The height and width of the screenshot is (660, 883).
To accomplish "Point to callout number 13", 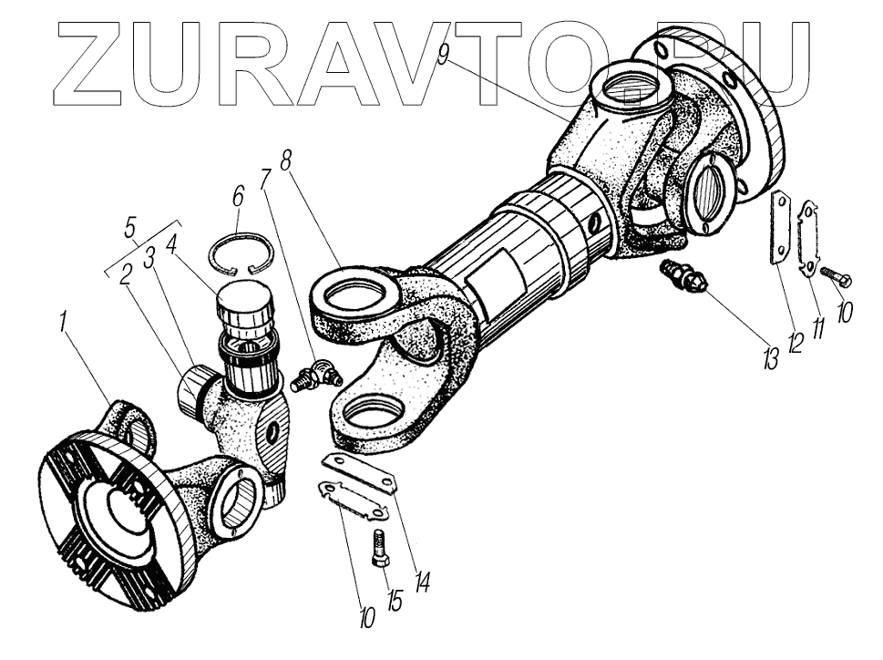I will coord(772,357).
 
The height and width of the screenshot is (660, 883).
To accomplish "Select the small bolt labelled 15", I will coord(380,549).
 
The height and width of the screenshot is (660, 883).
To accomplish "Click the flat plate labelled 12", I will coord(781,231).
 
